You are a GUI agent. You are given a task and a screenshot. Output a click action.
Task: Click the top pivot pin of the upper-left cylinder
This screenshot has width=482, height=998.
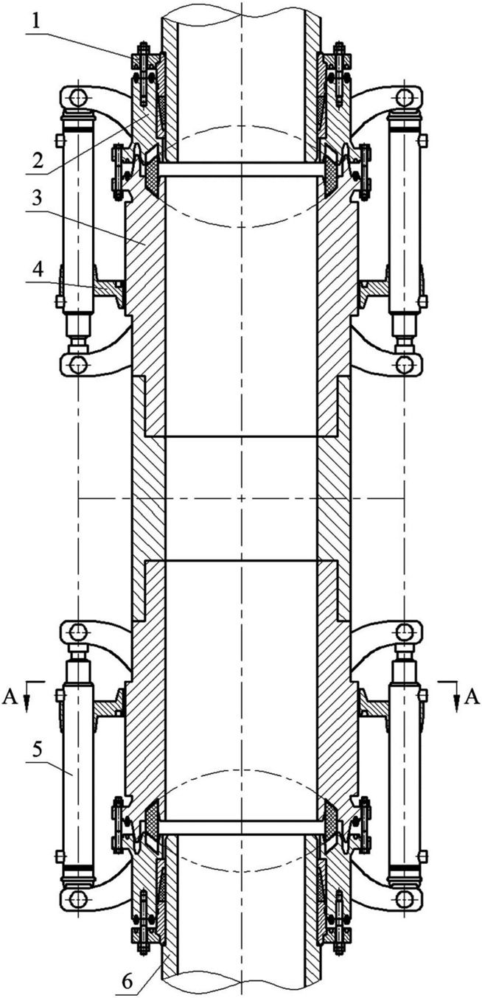click(77, 97)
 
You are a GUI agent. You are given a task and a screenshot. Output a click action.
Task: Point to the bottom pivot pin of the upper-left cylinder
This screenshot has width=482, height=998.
click(77, 363)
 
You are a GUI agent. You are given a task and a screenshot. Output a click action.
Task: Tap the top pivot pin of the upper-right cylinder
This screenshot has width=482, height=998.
click(404, 97)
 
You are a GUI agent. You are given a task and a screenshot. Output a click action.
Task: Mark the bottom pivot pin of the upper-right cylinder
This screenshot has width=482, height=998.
click(404, 363)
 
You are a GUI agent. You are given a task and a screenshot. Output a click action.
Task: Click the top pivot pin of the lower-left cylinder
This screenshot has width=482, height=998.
click(77, 630)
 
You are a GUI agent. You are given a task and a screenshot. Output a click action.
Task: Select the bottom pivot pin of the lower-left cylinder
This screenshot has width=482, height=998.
click(77, 898)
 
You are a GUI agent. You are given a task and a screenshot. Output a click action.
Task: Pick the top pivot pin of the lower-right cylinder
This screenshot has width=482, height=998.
click(404, 630)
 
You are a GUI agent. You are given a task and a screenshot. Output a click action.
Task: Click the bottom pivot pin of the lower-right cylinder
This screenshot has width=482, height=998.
click(404, 898)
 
